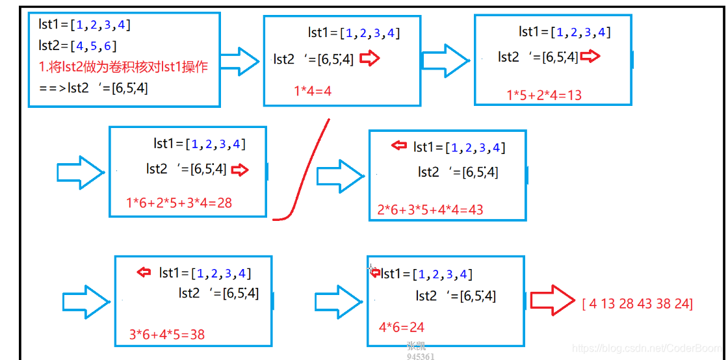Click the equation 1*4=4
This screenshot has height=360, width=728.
coord(313,91)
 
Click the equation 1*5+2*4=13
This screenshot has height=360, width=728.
coord(544,95)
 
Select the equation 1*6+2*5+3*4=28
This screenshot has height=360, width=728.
coord(179,203)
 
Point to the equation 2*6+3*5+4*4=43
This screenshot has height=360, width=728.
coord(430,209)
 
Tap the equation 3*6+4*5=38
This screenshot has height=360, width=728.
coord(167,335)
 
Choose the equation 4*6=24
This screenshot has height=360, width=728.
coord(402,327)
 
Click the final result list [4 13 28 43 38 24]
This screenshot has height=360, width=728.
coord(637,303)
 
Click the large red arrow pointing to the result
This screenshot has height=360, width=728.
coord(552,300)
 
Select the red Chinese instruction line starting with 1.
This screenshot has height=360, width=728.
coord(123,66)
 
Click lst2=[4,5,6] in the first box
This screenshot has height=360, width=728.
coord(78,45)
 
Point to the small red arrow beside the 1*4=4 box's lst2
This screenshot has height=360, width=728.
coord(369,58)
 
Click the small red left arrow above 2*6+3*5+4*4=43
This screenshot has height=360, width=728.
coord(398,146)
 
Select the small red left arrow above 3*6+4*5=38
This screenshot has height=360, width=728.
coord(144,272)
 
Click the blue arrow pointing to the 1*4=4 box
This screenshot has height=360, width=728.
coord(240,62)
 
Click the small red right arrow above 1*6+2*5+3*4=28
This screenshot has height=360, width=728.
coord(240,170)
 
